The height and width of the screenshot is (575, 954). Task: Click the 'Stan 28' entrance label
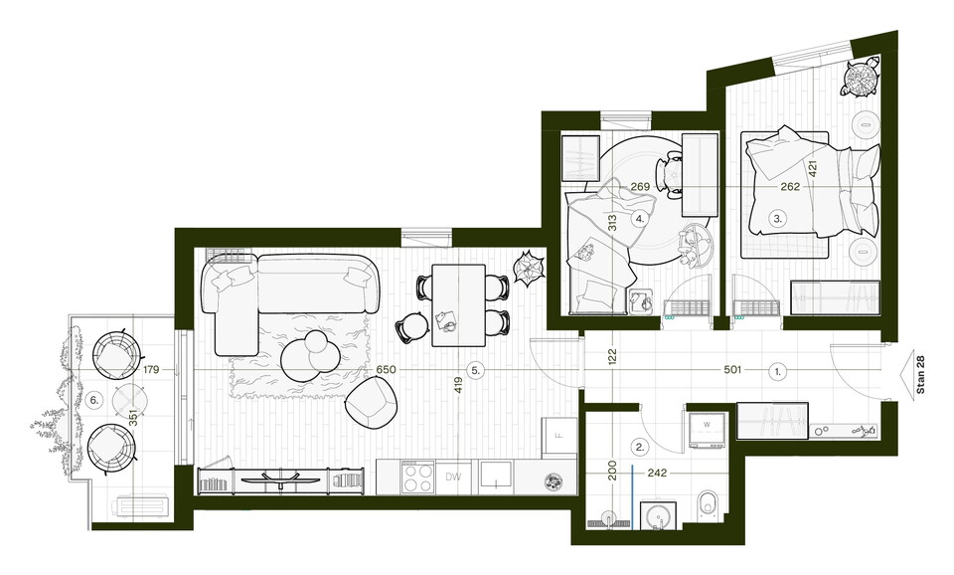[x=920, y=375]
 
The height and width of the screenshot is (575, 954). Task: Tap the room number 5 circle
[x=475, y=370]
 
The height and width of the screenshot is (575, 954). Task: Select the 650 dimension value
[x=386, y=370]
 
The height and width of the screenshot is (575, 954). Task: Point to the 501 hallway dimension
[x=732, y=370]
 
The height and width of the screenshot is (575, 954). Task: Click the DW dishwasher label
[x=453, y=477]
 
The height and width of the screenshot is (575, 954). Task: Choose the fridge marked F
[x=559, y=436]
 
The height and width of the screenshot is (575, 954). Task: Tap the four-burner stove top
[x=417, y=478]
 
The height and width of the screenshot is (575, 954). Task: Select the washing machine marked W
[x=707, y=430]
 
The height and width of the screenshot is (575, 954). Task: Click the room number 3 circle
[x=777, y=218]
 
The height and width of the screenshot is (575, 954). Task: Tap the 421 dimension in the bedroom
[x=813, y=168]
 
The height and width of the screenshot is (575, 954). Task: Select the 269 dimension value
[x=640, y=187]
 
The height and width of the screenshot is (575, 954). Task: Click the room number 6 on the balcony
[x=93, y=400]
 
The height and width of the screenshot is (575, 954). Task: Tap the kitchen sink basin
[x=497, y=474]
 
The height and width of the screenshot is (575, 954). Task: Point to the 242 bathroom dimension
[x=657, y=473]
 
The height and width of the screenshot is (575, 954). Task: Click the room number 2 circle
[x=639, y=447]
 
